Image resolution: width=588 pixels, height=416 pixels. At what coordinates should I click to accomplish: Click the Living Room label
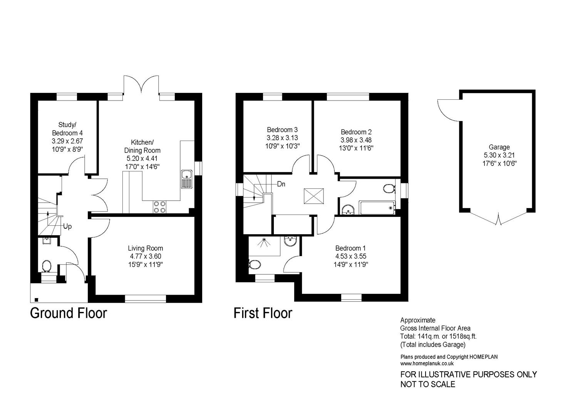point(145,248)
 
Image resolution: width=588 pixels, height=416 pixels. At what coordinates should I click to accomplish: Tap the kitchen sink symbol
point(186,179)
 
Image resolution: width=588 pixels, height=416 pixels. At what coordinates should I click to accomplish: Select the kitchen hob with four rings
point(160,207)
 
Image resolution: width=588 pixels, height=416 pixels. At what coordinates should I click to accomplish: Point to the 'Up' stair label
point(67,226)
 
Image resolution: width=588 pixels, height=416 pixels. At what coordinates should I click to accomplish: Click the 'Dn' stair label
point(281,184)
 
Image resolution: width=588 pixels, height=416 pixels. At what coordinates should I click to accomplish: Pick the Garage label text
point(499,147)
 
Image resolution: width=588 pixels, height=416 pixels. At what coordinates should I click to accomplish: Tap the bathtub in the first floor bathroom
point(377,208)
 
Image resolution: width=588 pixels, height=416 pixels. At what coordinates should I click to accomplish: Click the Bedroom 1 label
point(350,248)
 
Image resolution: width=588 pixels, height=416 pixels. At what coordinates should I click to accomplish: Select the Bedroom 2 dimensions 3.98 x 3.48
point(356,140)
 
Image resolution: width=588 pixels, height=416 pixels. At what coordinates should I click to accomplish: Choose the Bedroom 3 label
point(282,130)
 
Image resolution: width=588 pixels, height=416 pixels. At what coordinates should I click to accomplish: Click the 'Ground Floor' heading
point(68,313)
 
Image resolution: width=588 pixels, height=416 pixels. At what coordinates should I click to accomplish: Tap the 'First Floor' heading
point(263,313)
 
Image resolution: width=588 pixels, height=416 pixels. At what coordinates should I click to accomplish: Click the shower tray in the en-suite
point(264,246)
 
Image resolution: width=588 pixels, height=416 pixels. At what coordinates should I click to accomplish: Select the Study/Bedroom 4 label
point(67,129)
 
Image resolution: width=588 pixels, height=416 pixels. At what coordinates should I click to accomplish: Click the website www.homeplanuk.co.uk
point(427,363)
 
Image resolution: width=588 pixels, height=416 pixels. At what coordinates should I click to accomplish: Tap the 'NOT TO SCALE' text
point(427,384)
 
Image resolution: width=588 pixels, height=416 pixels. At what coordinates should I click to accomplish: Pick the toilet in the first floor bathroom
point(389,188)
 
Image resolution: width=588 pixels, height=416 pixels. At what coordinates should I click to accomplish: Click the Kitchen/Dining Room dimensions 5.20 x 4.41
point(142,158)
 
